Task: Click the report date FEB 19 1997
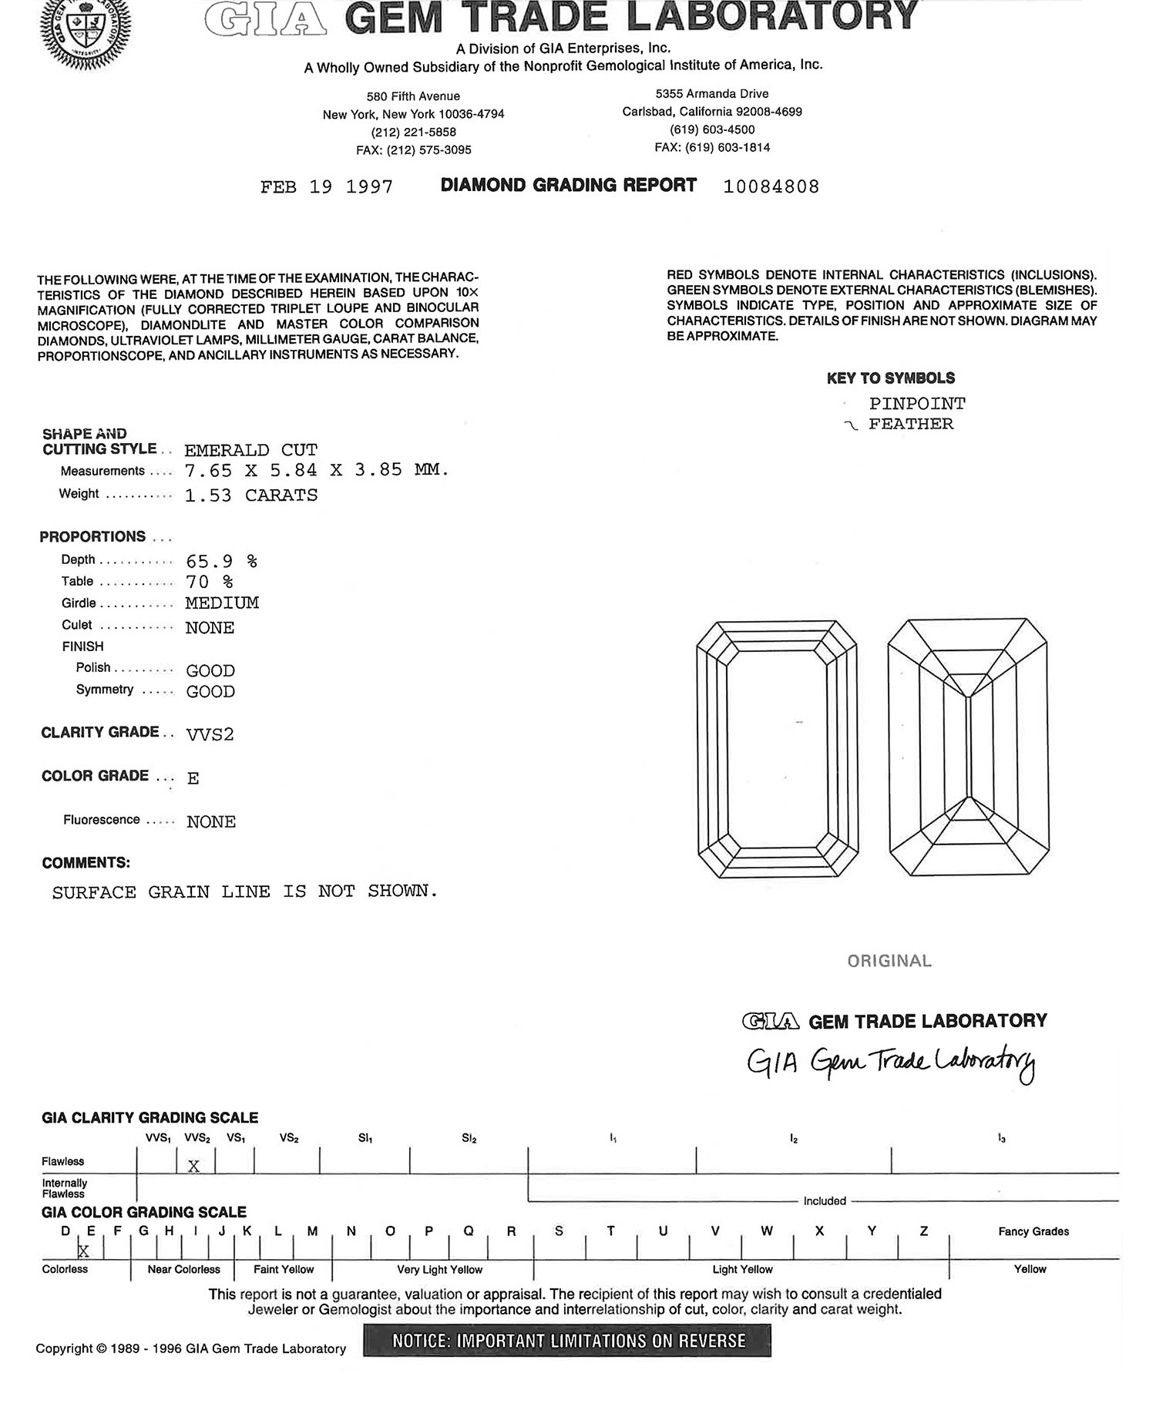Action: coord(327,187)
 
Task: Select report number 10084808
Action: coord(771,186)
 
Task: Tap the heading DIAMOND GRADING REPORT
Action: coord(569,186)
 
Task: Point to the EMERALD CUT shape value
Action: coord(250,450)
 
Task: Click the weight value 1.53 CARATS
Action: coord(250,495)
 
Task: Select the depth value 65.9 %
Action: coord(221,561)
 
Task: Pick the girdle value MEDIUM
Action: coord(222,603)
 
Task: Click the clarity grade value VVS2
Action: coord(210,734)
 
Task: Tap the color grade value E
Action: coord(193,778)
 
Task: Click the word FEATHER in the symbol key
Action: coord(911,424)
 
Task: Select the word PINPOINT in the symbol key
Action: coord(917,404)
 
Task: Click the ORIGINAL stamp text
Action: coord(889,961)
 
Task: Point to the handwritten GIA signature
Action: coord(891,1064)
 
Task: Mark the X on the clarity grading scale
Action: coord(193,1166)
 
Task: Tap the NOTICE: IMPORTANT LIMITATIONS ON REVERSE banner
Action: coord(567,1341)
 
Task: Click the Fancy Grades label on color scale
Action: coord(1033,1231)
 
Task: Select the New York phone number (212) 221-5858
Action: coord(414,132)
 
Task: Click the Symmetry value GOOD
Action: coord(210,691)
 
